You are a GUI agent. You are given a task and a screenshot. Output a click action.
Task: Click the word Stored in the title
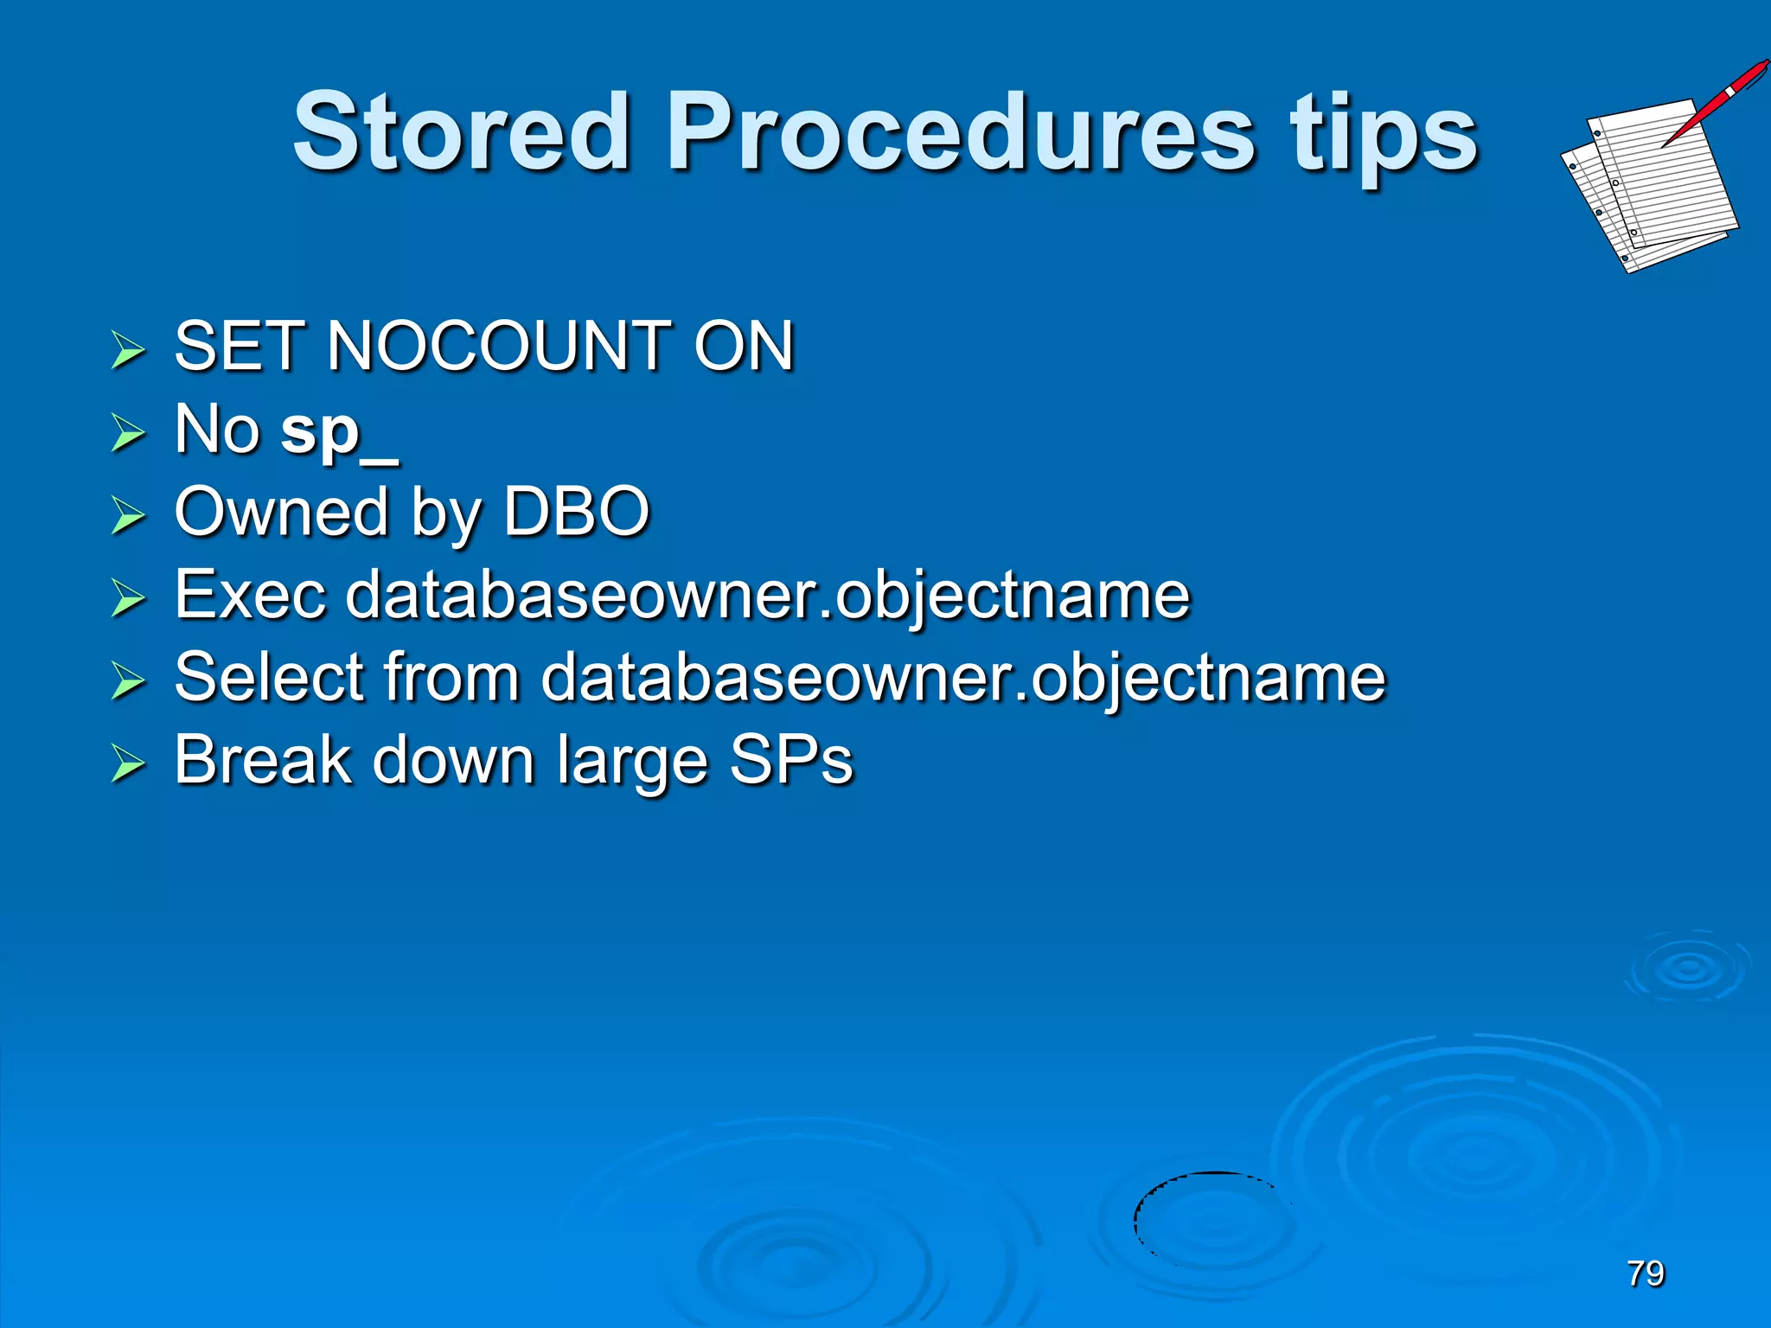coord(461,132)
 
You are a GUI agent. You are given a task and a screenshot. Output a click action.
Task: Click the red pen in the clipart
coord(1717,101)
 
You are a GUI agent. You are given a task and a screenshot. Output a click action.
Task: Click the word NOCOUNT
coord(500,346)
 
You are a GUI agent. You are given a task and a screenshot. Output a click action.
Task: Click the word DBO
coord(576,512)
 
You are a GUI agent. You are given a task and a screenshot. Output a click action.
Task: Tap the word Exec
coord(250,595)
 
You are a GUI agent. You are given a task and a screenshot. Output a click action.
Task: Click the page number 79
coord(1645,1274)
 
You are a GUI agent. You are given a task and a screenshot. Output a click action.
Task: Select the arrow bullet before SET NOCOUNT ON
coord(128,350)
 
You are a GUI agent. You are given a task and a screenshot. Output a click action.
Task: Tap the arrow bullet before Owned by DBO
coord(128,516)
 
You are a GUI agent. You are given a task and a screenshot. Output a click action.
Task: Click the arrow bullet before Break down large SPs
coord(128,764)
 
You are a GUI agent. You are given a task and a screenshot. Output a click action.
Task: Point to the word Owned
coord(280,512)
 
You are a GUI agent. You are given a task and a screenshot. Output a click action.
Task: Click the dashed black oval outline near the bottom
coord(1138,1210)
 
